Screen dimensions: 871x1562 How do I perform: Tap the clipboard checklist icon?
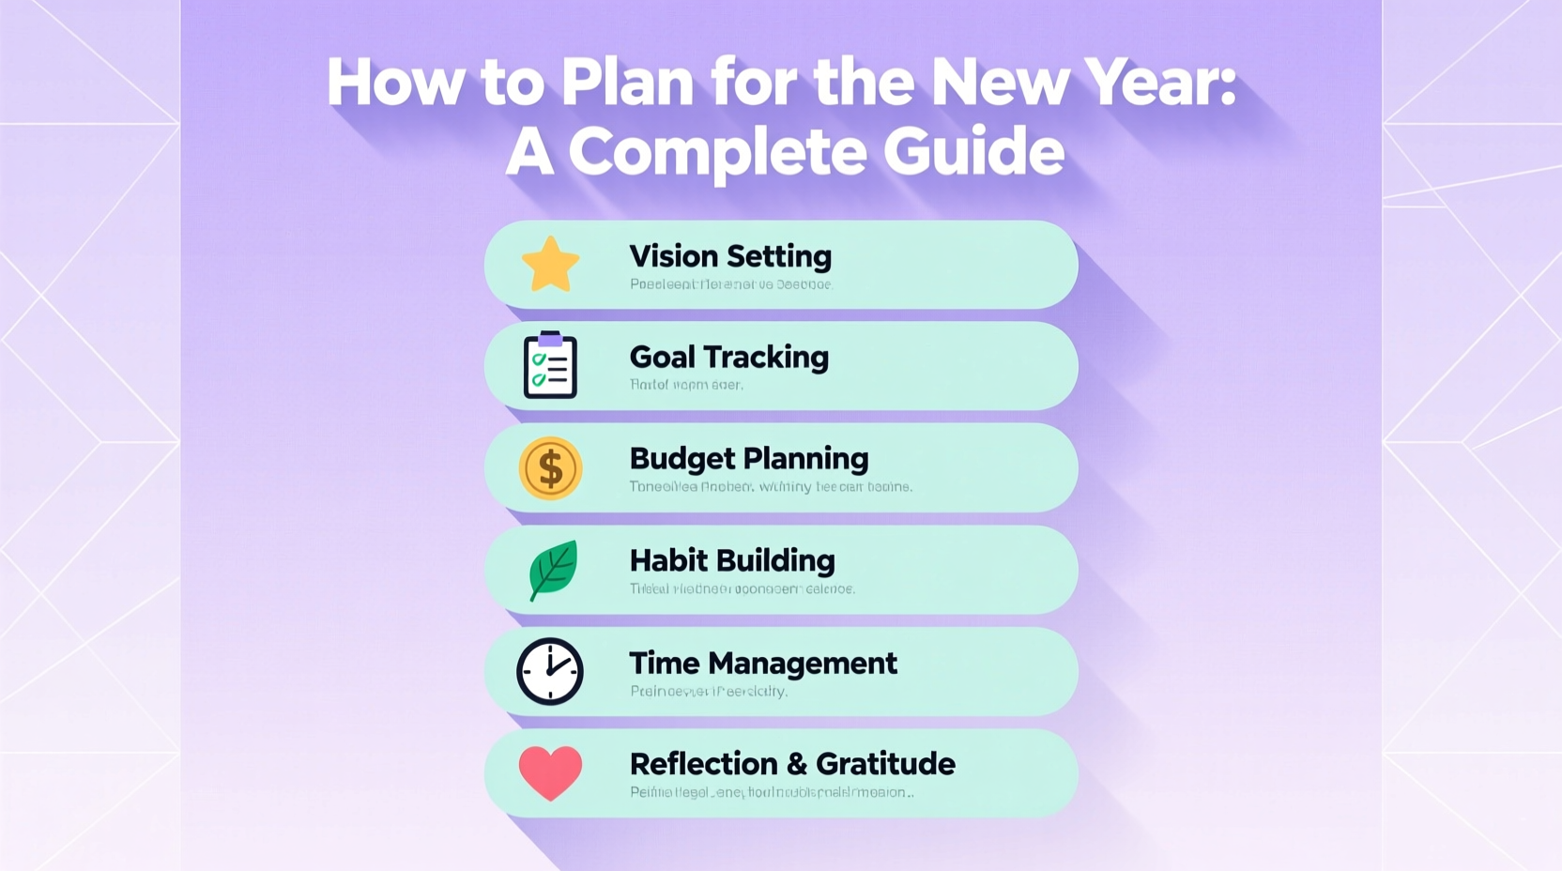point(550,365)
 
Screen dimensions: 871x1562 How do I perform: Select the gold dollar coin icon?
point(550,467)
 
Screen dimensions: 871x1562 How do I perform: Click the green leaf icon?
point(552,569)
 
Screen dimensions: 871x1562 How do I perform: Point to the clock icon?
point(550,671)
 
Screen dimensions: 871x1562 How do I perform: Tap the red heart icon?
point(550,772)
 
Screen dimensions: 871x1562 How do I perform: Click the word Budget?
point(681,459)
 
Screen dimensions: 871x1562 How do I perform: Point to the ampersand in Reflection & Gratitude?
point(797,764)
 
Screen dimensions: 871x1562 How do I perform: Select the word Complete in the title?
point(716,152)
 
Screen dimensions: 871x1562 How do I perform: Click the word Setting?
point(779,256)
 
